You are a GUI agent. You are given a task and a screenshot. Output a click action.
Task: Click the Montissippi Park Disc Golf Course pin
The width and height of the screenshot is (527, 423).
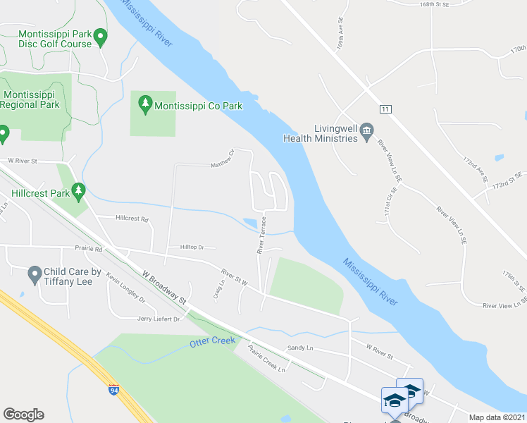tap(100, 35)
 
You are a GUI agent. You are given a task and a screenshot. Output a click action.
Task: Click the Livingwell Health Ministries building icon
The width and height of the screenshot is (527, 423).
tap(366, 130)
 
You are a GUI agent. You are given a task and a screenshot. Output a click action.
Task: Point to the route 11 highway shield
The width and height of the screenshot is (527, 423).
tap(385, 109)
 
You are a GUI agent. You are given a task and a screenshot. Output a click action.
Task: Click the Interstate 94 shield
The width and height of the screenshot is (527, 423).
tap(114, 388)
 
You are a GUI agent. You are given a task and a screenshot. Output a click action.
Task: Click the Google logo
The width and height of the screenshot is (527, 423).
tap(23, 415)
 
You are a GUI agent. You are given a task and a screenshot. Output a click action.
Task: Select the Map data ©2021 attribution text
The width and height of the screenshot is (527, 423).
tap(497, 417)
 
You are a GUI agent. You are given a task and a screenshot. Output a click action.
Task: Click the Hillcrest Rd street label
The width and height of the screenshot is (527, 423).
tap(132, 219)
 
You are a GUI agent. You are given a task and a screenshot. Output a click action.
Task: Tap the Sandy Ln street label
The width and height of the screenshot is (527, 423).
tap(299, 348)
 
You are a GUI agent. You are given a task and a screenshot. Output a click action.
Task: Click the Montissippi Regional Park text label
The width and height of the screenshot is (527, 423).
tap(30, 99)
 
